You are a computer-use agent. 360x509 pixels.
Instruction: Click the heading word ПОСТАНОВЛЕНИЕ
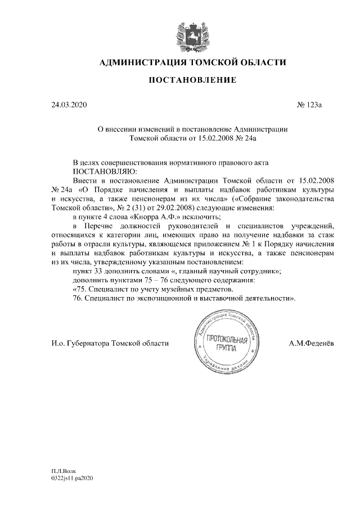point(192,81)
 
